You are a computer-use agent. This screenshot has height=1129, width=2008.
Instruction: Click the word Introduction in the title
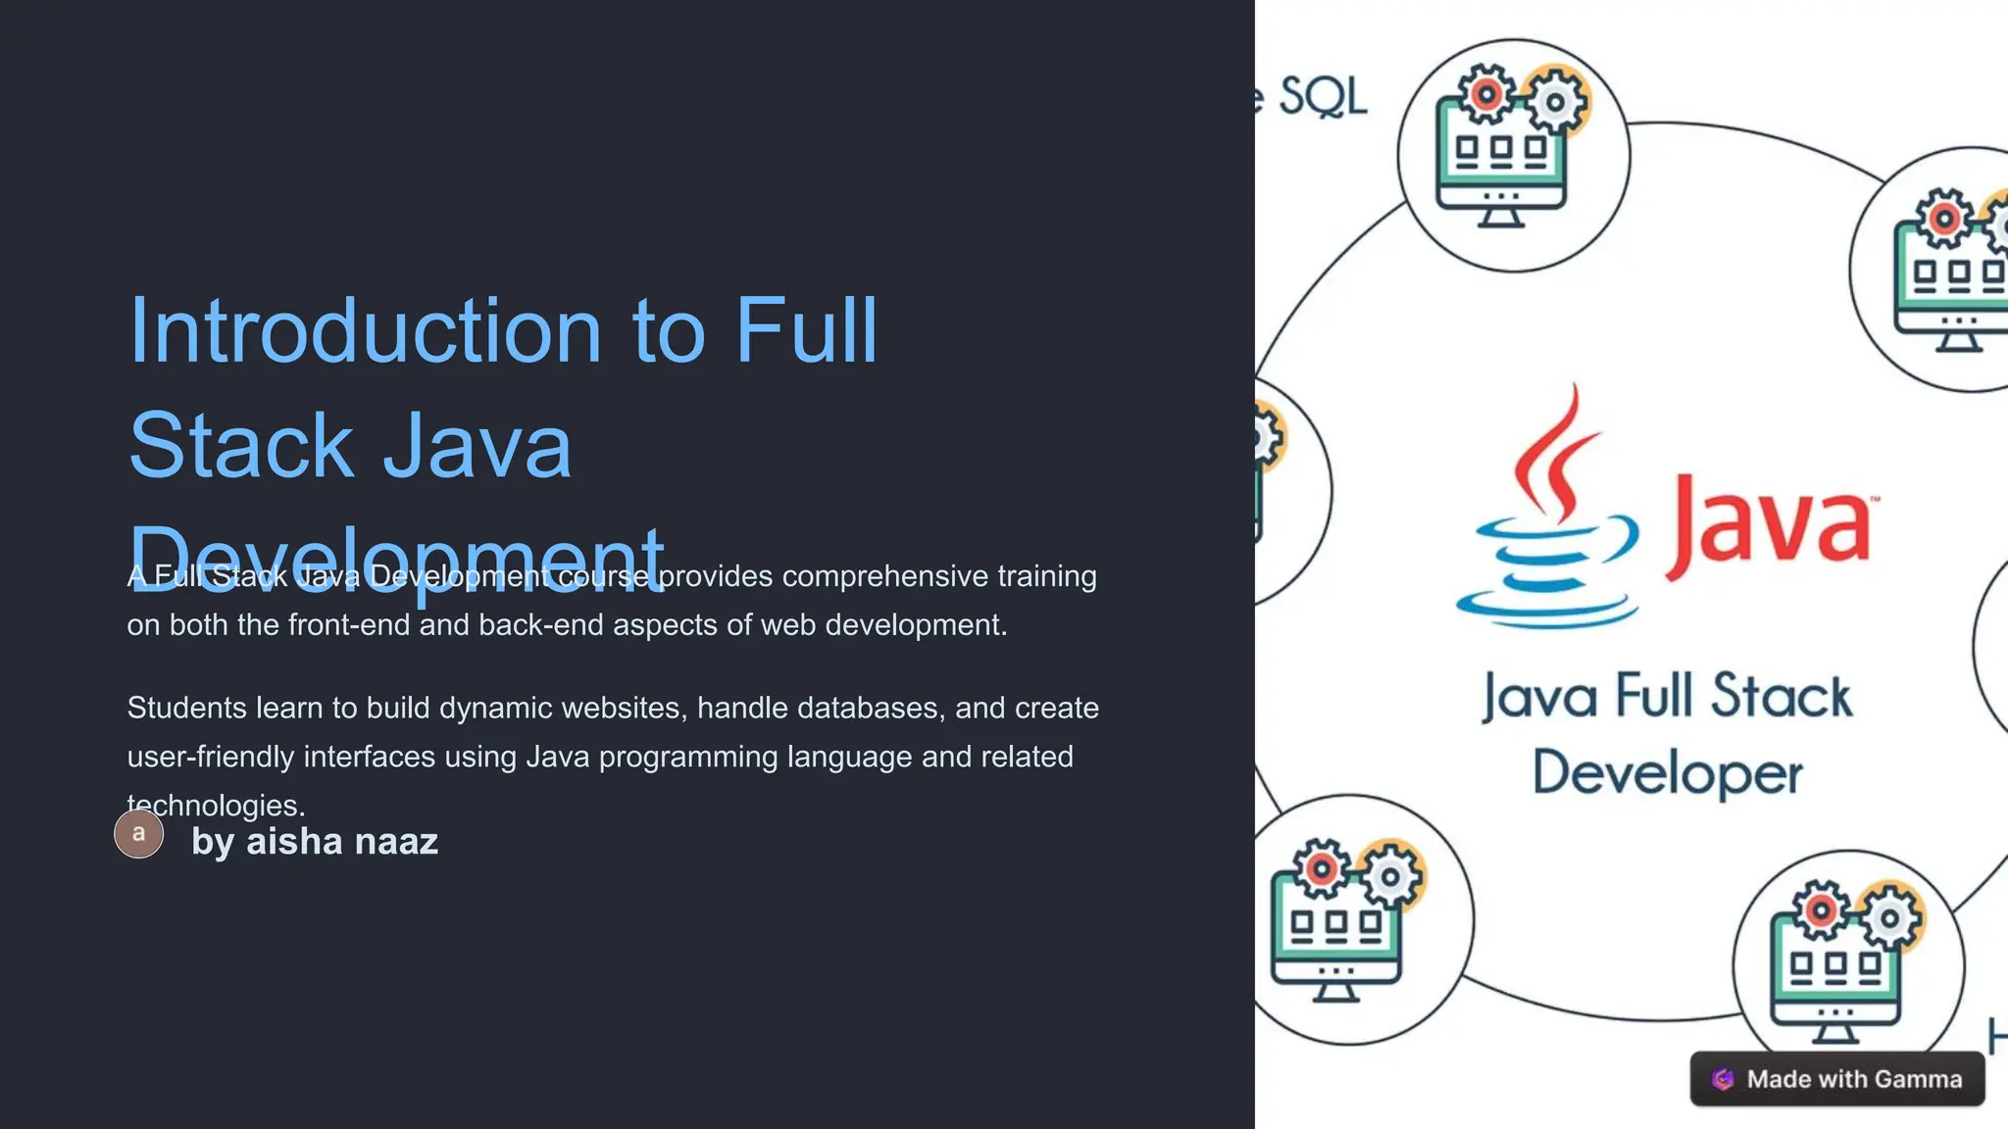click(365, 331)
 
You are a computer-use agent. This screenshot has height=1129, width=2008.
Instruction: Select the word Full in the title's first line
click(806, 331)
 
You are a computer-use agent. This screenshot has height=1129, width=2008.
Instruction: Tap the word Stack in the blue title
click(240, 446)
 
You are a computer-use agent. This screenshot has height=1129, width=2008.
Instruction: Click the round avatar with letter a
click(139, 834)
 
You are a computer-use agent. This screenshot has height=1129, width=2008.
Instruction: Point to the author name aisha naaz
click(341, 842)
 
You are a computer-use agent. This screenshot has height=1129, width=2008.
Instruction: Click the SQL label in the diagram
click(1322, 97)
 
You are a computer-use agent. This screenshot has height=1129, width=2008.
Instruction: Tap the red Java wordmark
click(1770, 525)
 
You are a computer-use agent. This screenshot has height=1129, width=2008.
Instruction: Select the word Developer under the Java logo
click(1667, 773)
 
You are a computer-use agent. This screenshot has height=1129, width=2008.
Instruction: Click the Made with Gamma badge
click(1836, 1079)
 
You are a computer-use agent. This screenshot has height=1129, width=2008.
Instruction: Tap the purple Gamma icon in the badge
click(1723, 1079)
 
